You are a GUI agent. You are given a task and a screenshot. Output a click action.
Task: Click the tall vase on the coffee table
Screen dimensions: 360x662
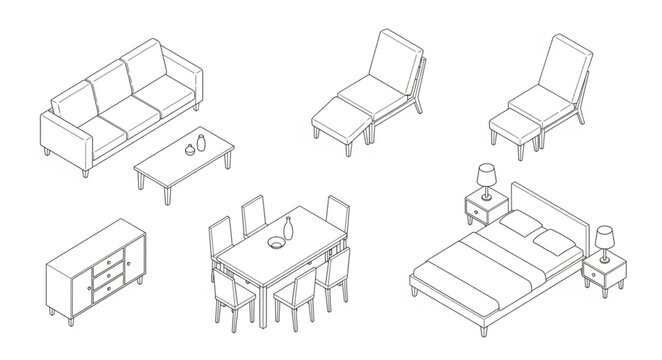(x=201, y=141)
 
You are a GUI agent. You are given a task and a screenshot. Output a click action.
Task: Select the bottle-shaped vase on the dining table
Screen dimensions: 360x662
(x=289, y=229)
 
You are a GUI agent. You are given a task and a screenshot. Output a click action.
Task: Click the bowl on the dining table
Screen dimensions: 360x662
(x=273, y=242)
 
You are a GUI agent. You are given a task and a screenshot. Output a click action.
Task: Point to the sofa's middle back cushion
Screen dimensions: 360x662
(x=112, y=89)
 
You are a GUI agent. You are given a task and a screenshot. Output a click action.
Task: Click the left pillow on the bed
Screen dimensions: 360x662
(x=519, y=227)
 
